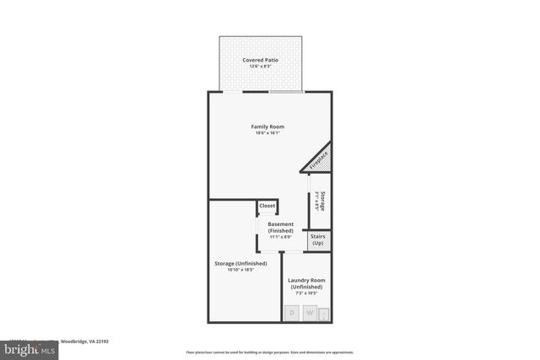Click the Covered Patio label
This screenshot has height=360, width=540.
[x=260, y=61]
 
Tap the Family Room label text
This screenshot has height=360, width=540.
[x=267, y=126]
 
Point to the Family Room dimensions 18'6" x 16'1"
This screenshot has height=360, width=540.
[x=267, y=133]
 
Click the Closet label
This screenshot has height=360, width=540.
[x=267, y=206]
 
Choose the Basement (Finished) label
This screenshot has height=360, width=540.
[x=281, y=228]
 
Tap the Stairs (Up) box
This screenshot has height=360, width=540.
[x=318, y=240]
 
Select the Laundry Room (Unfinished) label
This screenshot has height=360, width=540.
[x=306, y=283]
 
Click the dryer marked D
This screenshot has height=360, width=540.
[x=292, y=313]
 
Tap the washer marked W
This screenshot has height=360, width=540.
[x=310, y=313]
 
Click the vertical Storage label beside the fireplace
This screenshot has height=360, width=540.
[x=323, y=201]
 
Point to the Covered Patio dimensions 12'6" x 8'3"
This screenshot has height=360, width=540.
[x=260, y=67]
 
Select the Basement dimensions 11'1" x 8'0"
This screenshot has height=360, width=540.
[x=281, y=237]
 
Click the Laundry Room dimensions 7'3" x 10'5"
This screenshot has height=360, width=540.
[x=306, y=293]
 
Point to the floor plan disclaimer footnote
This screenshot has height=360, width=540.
[x=270, y=352]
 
